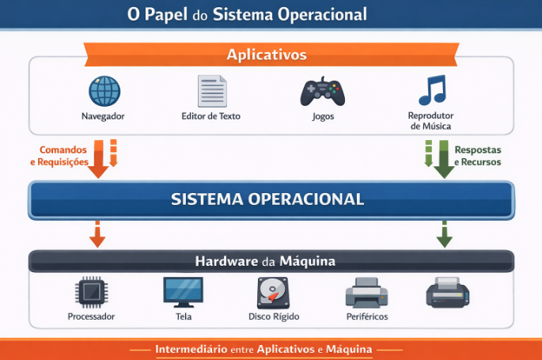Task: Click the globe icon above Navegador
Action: point(104,91)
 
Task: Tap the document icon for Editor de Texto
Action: point(211,91)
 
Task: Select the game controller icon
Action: point(322,91)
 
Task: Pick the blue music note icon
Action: point(432,90)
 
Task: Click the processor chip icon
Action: point(91,293)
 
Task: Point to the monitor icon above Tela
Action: point(183,292)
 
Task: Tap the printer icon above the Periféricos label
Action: point(366,293)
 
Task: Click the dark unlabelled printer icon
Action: point(448,293)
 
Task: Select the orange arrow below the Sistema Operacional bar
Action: point(97,234)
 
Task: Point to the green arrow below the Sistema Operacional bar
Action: point(445,234)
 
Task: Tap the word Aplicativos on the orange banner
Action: point(267,55)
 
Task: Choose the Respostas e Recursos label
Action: point(477,155)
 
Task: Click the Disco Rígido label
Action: point(275,316)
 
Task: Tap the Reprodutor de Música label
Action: point(431,121)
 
